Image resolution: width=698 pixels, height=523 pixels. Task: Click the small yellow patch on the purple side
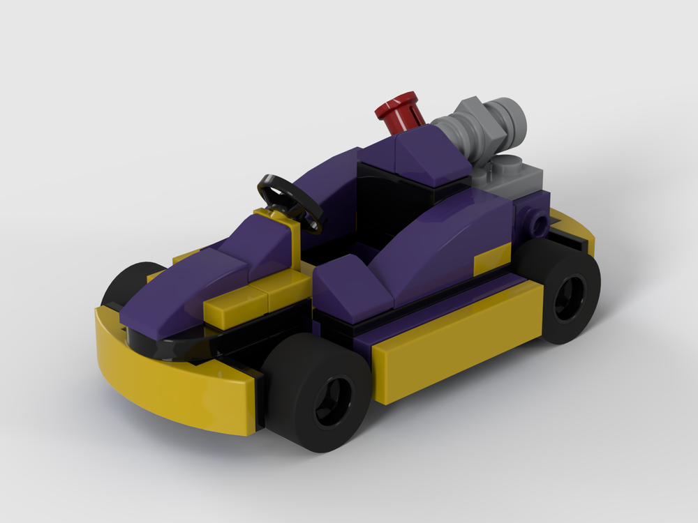coord(492,262)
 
